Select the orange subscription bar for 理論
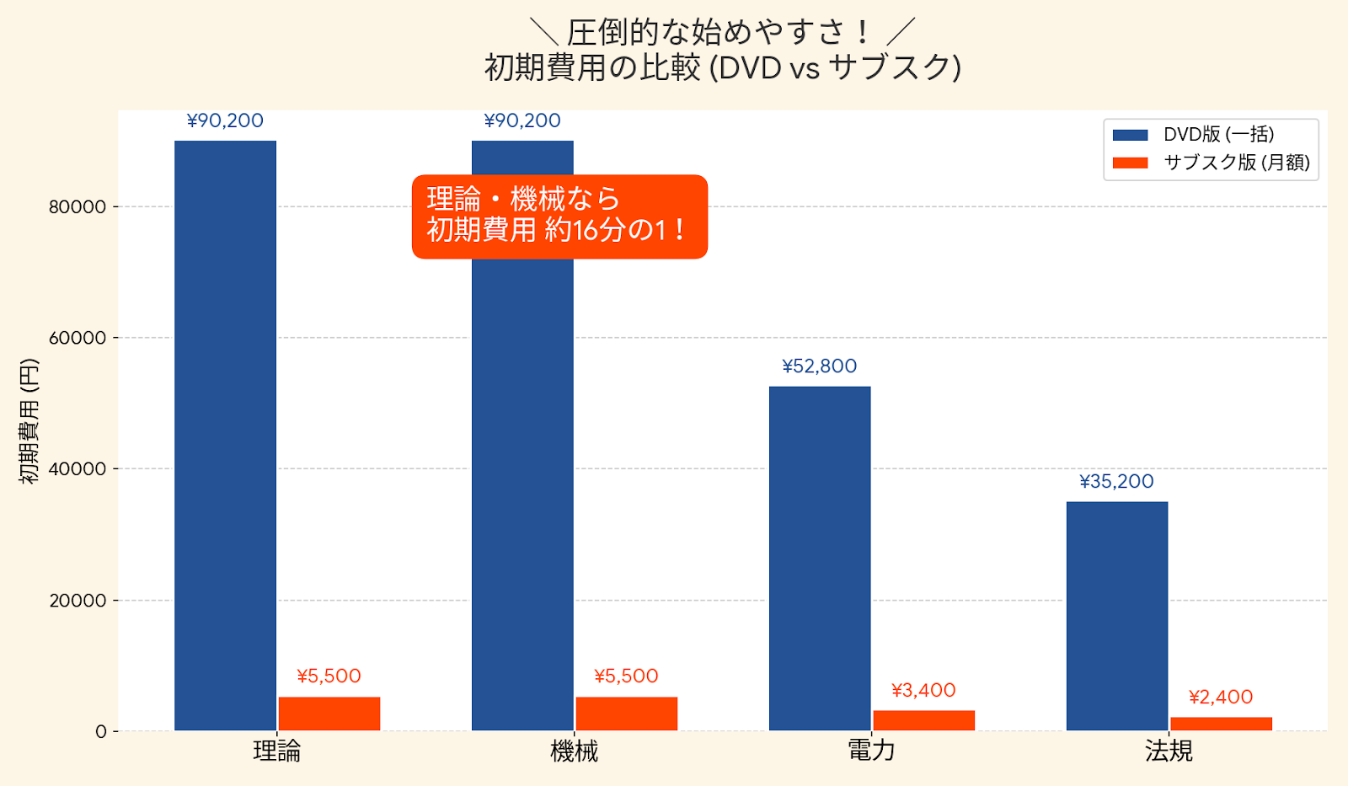pos(329,714)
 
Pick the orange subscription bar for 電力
pos(923,720)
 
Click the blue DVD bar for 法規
pos(1117,616)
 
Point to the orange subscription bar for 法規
pos(1221,724)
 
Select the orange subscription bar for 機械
pos(626,714)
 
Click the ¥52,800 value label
pos(820,366)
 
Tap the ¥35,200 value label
pos(1117,482)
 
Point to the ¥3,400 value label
pos(923,691)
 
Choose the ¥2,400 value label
pos(1221,698)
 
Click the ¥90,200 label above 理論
pos(225,121)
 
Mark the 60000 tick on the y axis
pos(78,338)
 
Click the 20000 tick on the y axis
pos(78,601)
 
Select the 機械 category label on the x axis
pos(574,751)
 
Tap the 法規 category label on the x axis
pos(1169,751)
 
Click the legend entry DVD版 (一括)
pos(1218,135)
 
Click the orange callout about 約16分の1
pos(559,217)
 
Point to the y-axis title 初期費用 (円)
pos(29,421)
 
